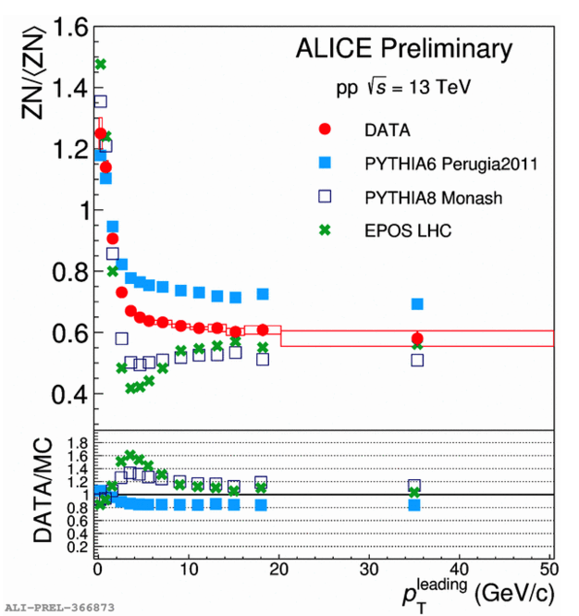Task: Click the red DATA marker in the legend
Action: click(x=325, y=129)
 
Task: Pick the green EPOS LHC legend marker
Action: click(x=325, y=229)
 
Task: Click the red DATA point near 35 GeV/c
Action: click(x=417, y=339)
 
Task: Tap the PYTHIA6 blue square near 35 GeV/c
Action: click(x=417, y=304)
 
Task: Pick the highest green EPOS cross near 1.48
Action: click(x=101, y=64)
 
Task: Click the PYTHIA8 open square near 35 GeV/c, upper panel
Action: click(x=417, y=360)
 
